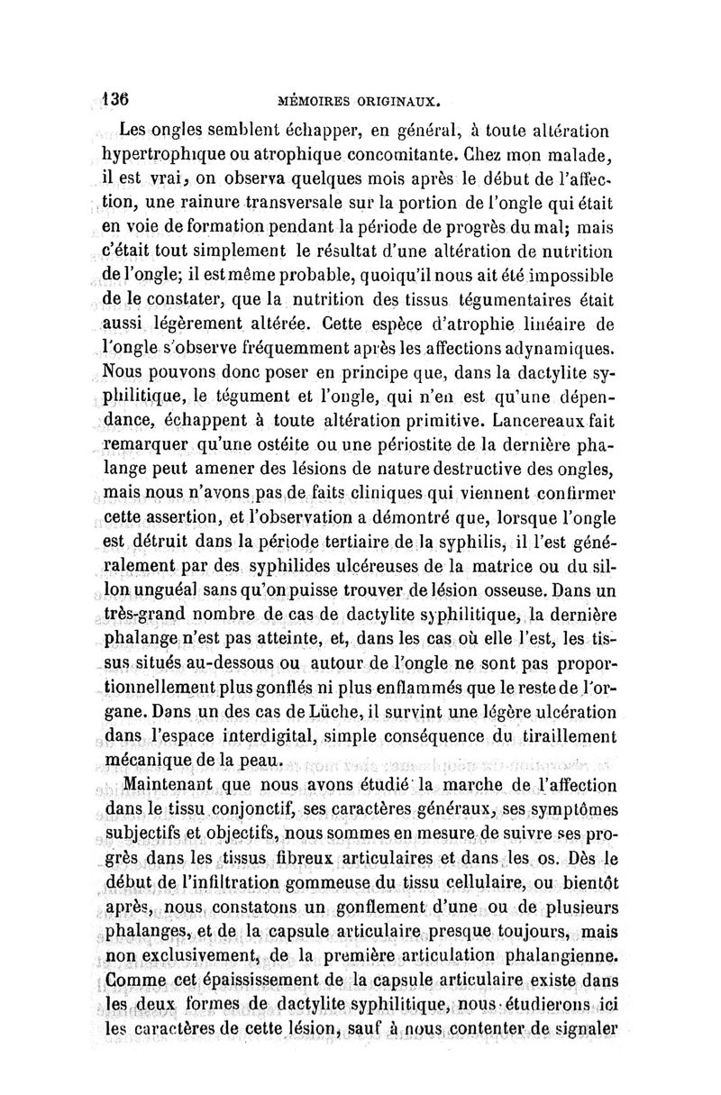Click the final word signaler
[x=579, y=1026]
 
